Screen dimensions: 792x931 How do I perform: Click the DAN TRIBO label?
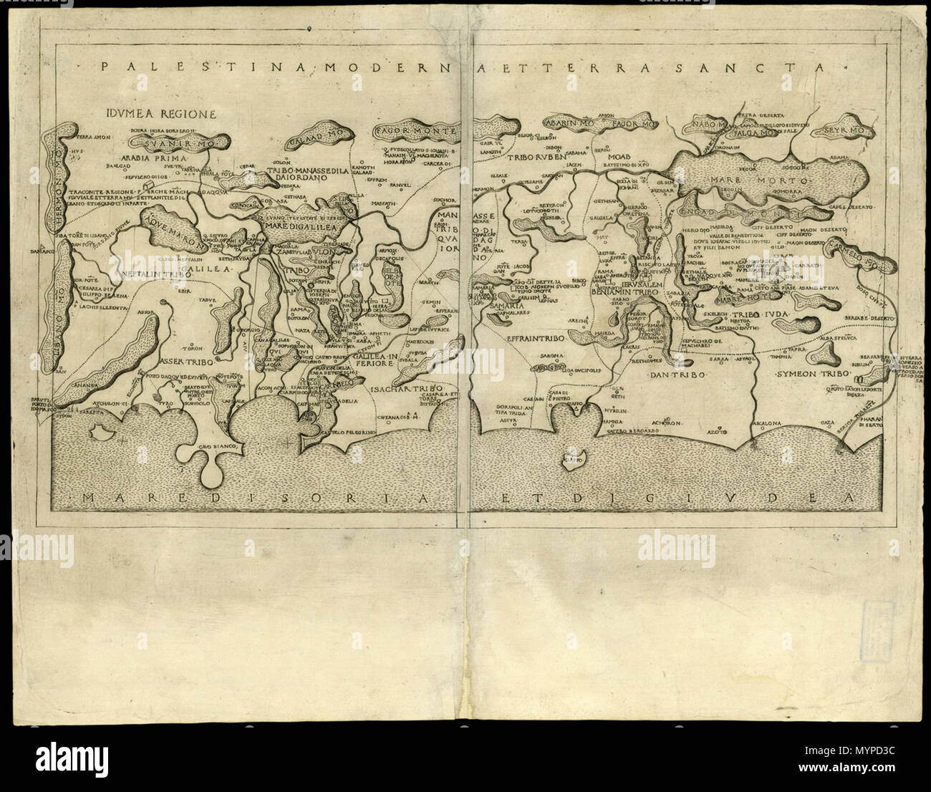[677, 375]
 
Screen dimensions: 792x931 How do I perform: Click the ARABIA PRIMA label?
[142, 157]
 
